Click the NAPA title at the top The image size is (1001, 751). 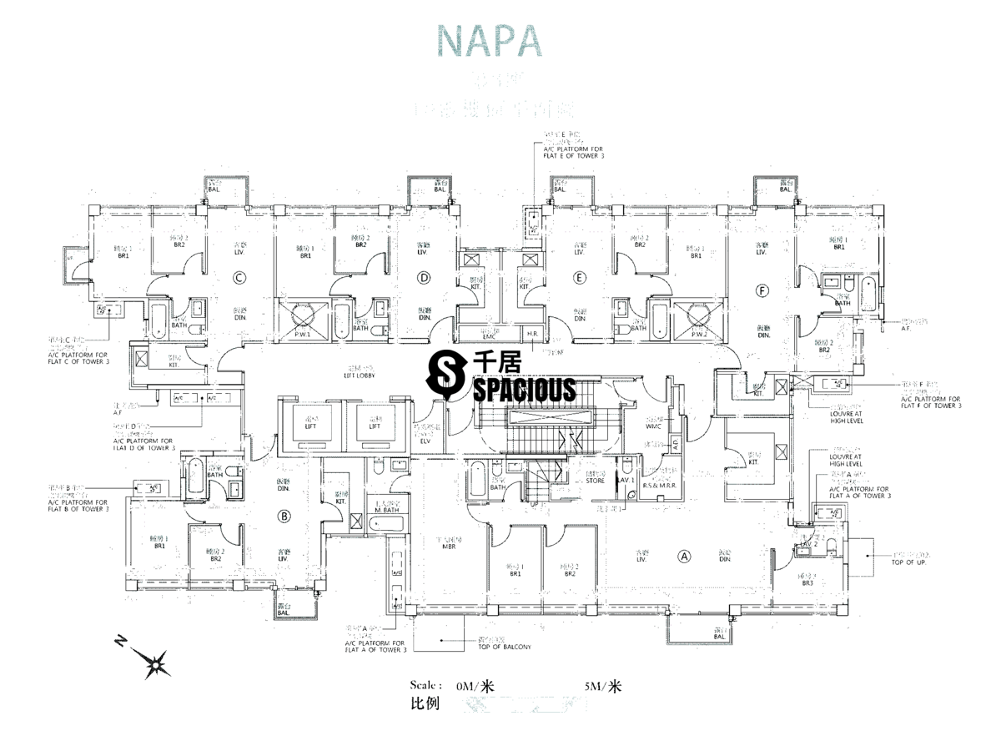point(489,41)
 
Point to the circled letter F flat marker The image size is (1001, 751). point(760,290)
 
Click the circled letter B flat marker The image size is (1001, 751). point(284,517)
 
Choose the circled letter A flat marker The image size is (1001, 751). point(685,555)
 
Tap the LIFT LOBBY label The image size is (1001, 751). point(361,376)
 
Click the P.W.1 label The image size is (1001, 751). point(304,335)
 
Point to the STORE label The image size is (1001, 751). point(595,481)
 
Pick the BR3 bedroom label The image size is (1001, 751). point(807,582)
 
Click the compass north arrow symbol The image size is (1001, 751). point(155,664)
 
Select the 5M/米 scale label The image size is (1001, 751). point(603,688)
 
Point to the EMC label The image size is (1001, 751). point(489,335)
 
